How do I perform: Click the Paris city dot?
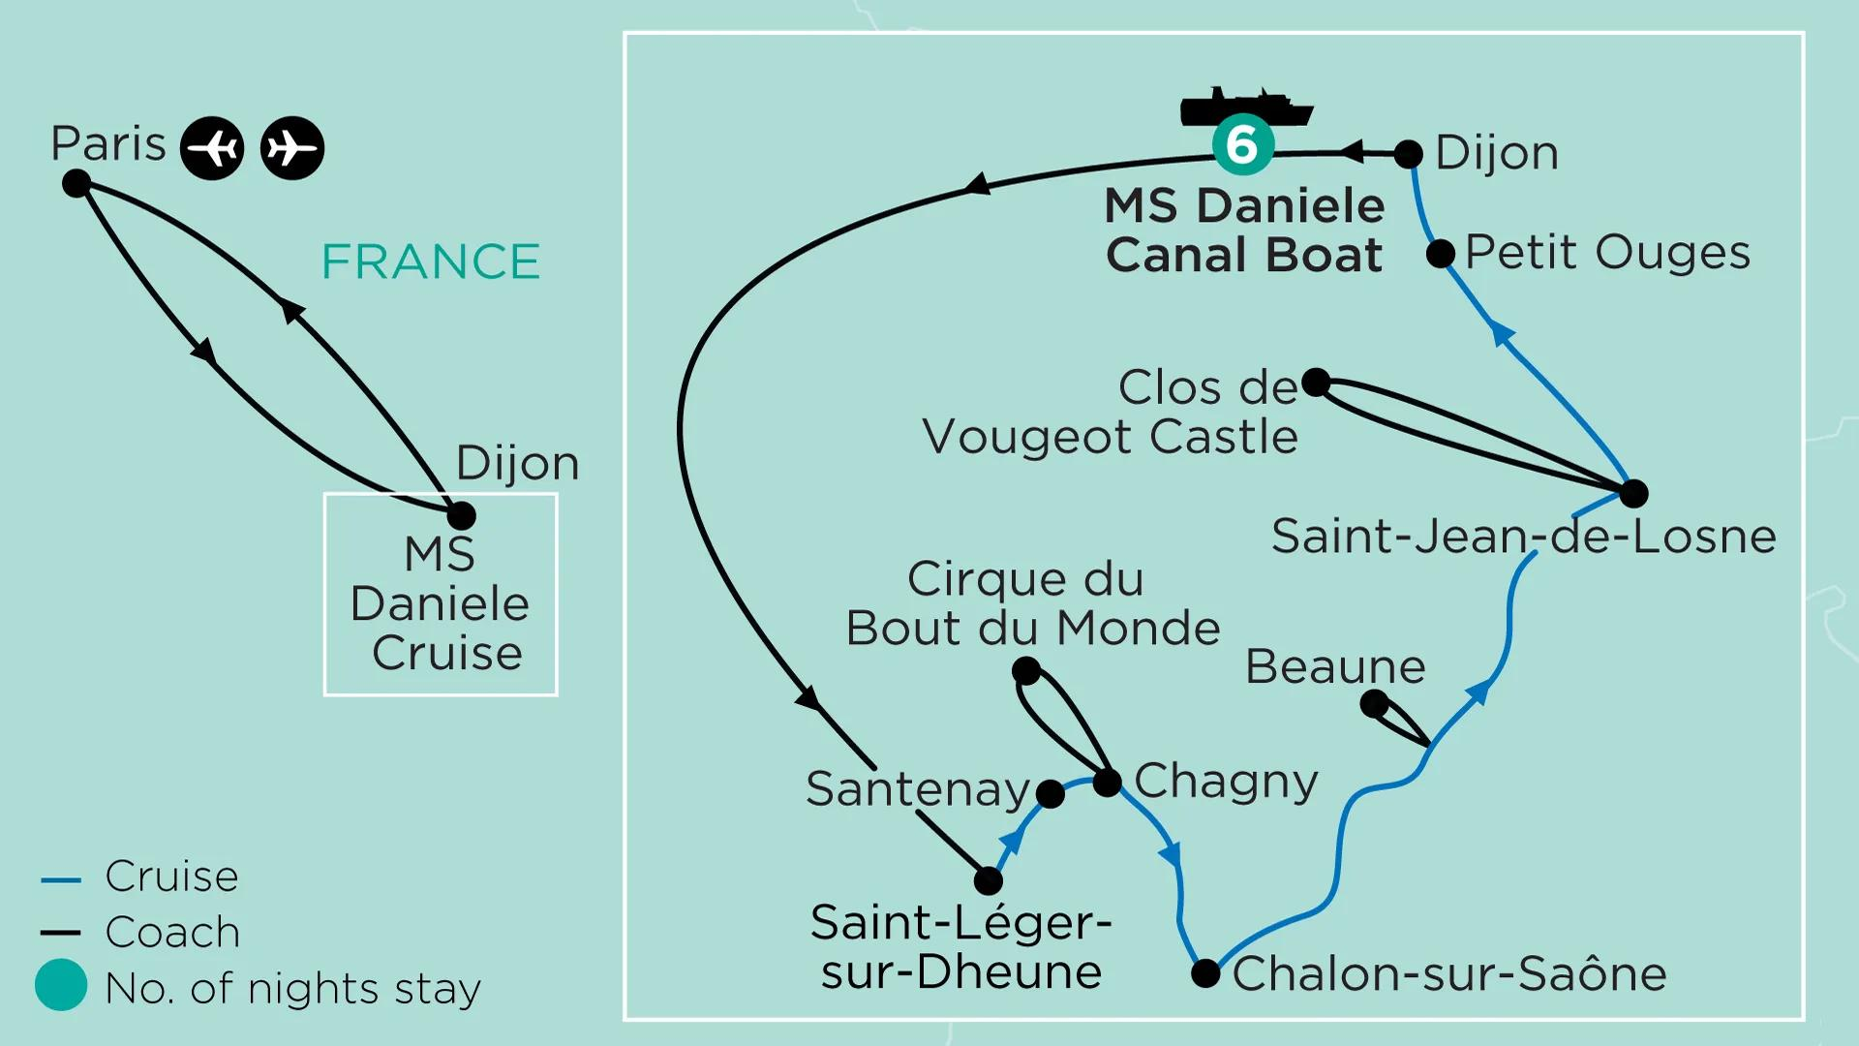coord(76,183)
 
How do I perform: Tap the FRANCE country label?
coord(431,261)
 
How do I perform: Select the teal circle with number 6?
coord(1243,145)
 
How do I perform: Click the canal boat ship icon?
coord(1246,107)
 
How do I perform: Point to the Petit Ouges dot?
coord(1441,254)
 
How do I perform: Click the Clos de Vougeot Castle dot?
coord(1316,383)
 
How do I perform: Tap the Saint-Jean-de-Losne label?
coord(1524,537)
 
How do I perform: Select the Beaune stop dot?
coord(1374,704)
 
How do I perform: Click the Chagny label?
coord(1227,782)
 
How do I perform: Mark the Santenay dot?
coord(1050,794)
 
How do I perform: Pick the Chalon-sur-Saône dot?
coord(1205,973)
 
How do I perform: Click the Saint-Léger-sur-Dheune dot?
coord(988,880)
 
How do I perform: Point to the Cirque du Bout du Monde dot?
coord(1026,670)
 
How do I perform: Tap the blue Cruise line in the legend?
coord(60,880)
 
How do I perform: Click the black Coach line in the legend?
coord(60,933)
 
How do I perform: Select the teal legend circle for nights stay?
coord(61,985)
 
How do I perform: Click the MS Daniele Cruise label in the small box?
coord(441,603)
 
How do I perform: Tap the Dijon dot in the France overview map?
coord(462,515)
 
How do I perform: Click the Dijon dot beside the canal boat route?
coord(1408,154)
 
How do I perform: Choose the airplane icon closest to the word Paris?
coord(212,148)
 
